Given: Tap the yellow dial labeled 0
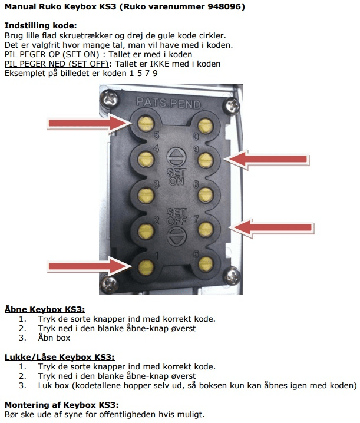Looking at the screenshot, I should tap(205, 124).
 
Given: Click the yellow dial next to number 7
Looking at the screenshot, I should tap(205, 227).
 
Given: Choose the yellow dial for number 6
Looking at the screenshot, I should tap(205, 263).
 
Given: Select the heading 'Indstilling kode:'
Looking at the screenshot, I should tap(41, 26).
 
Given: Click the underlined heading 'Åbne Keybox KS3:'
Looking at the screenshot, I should tap(45, 309).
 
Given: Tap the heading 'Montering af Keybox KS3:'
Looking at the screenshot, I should tap(61, 405).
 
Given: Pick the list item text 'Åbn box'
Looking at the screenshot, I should tap(55, 338).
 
